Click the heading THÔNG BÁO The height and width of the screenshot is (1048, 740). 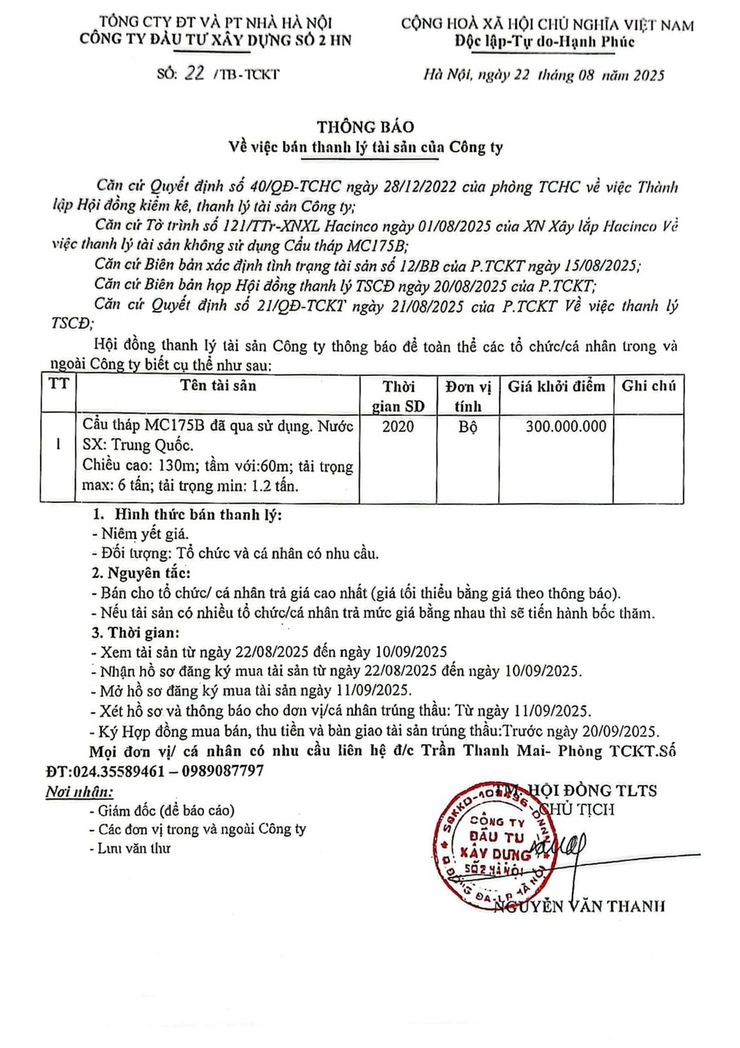tap(365, 126)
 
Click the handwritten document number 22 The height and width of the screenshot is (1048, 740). tap(194, 73)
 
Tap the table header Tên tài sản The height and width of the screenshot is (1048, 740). tap(218, 386)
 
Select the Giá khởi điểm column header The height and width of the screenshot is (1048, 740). tap(556, 386)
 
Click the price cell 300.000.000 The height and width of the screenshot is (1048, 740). tap(566, 427)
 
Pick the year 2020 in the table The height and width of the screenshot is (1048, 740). tap(398, 427)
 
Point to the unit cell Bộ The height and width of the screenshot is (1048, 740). tap(468, 427)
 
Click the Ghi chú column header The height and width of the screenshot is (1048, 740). tap(648, 386)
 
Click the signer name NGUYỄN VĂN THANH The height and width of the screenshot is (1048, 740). tap(579, 907)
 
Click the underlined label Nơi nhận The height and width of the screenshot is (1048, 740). tap(79, 792)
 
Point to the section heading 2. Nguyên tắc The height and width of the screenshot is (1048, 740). tap(141, 573)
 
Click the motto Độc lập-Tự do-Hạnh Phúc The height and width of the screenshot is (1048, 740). tap(545, 42)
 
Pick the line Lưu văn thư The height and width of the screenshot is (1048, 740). tap(134, 848)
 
